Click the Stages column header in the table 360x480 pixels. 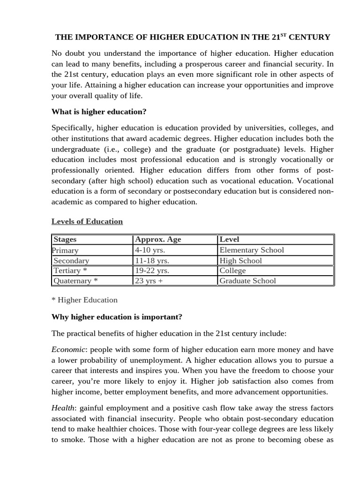coord(65,240)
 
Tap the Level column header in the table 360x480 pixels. coord(229,240)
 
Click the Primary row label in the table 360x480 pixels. coord(65,250)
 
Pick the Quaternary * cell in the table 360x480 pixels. coord(75,281)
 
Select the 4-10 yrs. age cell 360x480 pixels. coord(150,250)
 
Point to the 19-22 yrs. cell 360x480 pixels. coord(152,270)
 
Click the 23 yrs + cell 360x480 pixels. coord(149,281)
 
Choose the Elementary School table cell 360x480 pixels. coord(252,250)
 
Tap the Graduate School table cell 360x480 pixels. coord(247,281)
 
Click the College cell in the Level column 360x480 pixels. coord(232,270)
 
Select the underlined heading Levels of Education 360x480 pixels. coord(87,221)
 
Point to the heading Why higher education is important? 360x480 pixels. coord(117,317)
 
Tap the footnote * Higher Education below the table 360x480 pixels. coord(84,300)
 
